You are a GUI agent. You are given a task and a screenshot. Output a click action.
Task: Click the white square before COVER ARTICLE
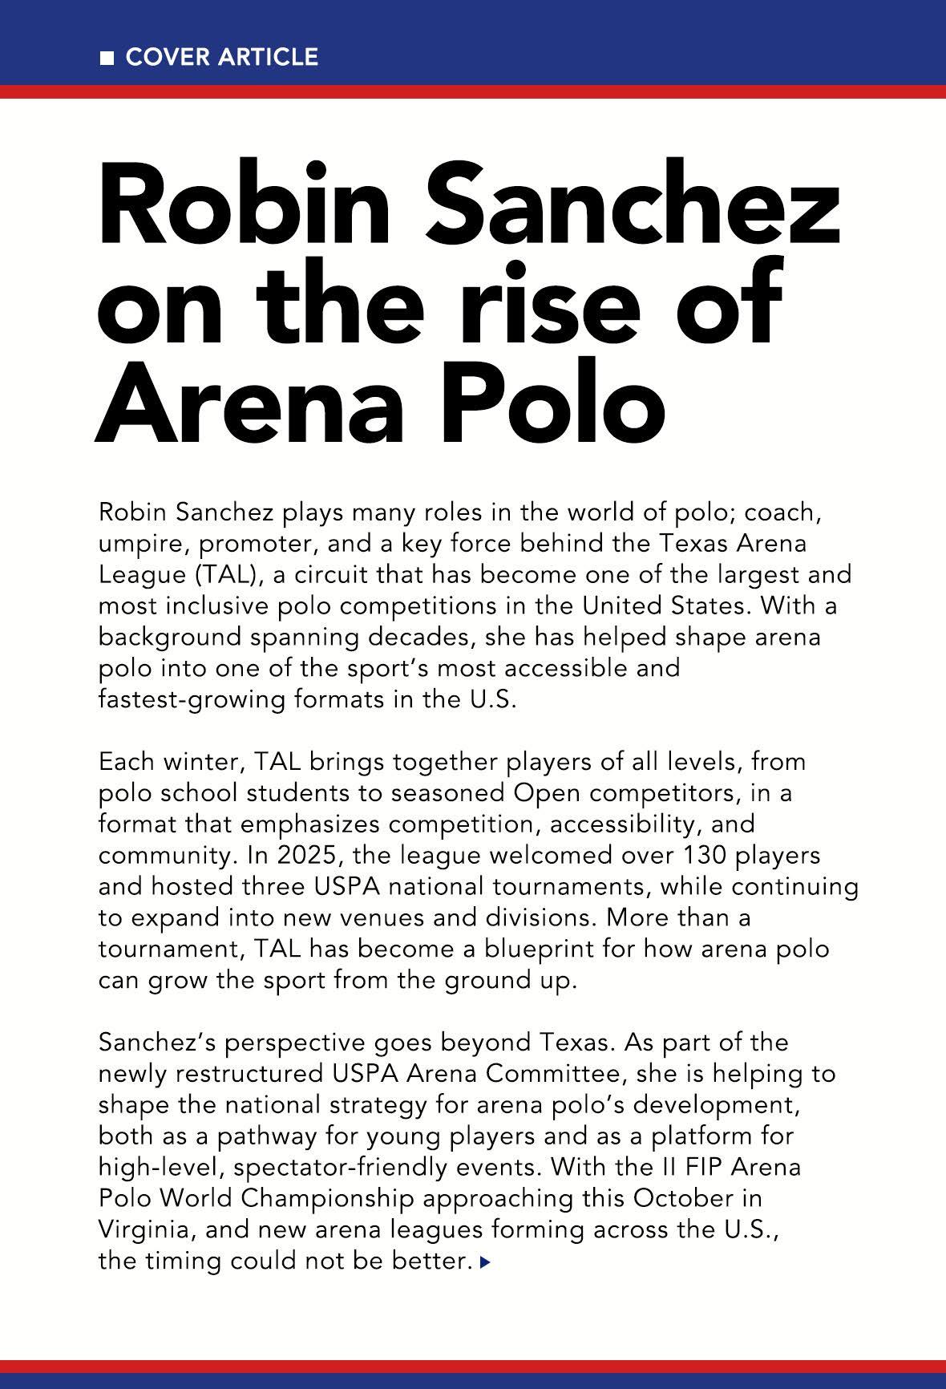(x=107, y=58)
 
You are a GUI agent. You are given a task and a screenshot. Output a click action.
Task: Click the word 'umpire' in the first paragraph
(x=139, y=544)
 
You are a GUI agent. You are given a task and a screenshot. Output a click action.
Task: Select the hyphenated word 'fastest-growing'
(x=191, y=699)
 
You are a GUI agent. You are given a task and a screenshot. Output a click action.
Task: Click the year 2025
(x=308, y=855)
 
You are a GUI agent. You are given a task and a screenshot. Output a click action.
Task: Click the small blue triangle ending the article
(x=484, y=1261)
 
